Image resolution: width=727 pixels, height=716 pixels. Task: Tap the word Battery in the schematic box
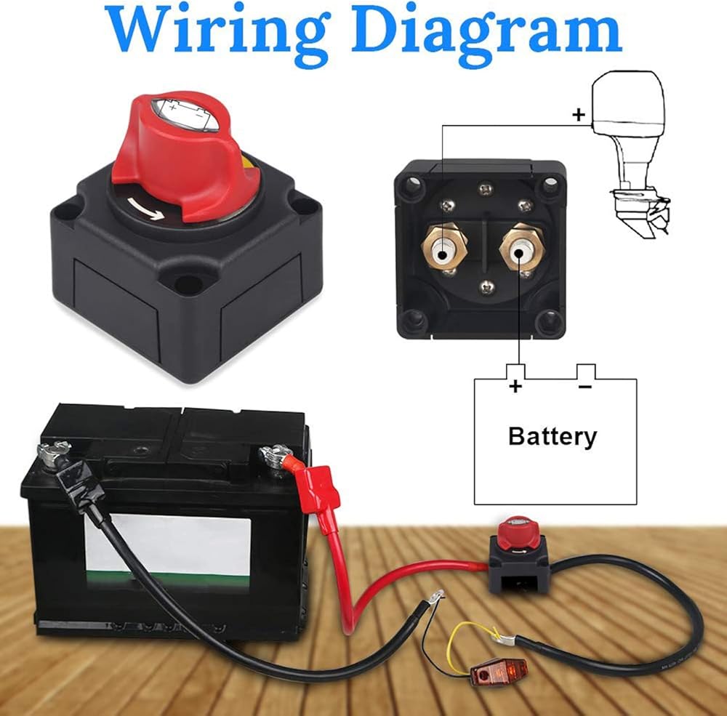tap(553, 436)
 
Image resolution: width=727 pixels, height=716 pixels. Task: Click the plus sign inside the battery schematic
tap(515, 386)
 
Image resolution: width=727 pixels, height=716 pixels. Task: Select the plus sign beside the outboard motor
tap(579, 115)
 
